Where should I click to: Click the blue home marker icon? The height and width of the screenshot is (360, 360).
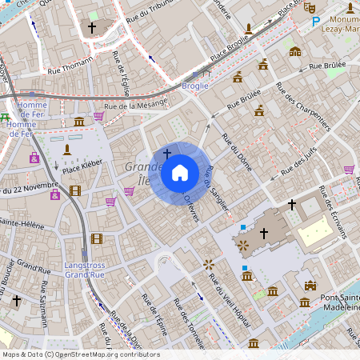[x=180, y=172]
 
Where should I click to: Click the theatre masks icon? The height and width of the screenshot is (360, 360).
[x=310, y=7]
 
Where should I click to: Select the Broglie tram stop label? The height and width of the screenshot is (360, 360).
[x=195, y=85]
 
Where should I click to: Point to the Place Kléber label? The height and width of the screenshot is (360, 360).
[x=80, y=170]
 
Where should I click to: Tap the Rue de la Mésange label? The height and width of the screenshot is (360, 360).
[x=136, y=104]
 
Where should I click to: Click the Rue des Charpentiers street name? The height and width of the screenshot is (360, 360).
[x=302, y=106]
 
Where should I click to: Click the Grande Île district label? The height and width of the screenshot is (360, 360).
[x=138, y=174]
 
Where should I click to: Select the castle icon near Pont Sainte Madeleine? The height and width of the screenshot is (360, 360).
[x=310, y=285]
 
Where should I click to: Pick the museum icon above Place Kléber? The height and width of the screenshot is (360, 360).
[x=79, y=122]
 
